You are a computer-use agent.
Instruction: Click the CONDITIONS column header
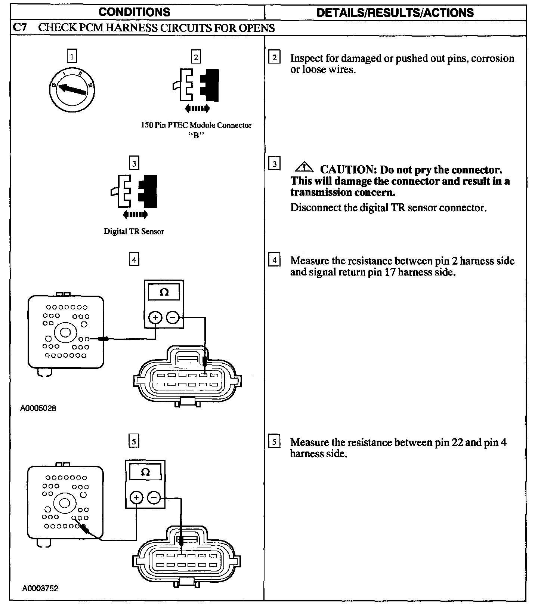pyautogui.click(x=134, y=12)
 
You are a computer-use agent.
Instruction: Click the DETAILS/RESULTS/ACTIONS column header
pyautogui.click(x=395, y=12)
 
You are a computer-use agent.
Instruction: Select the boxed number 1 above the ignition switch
pyautogui.click(x=72, y=56)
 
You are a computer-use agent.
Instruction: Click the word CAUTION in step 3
pyautogui.click(x=347, y=170)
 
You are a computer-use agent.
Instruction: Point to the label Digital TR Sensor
pyautogui.click(x=134, y=232)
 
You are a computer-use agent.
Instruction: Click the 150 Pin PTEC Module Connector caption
pyautogui.click(x=196, y=126)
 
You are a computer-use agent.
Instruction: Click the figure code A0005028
pyautogui.click(x=38, y=408)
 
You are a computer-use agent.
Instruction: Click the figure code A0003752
pyautogui.click(x=40, y=588)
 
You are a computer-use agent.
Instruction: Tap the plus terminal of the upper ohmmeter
pyautogui.click(x=155, y=318)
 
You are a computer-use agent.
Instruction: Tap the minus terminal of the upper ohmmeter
pyautogui.click(x=173, y=318)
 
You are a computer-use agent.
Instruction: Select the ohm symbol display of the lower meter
pyautogui.click(x=145, y=473)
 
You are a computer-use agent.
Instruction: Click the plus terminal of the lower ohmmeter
pyautogui.click(x=136, y=497)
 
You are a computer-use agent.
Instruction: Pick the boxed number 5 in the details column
pyautogui.click(x=274, y=442)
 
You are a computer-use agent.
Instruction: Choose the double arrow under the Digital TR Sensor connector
pyautogui.click(x=135, y=215)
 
